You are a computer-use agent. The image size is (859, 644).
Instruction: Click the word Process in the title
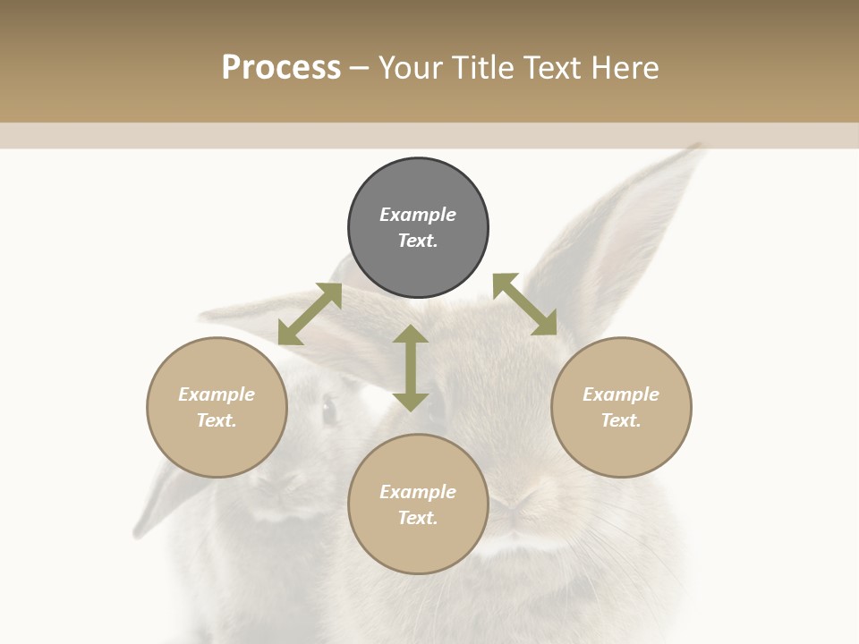[x=281, y=68]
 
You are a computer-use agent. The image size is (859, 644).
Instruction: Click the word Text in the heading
[x=551, y=68]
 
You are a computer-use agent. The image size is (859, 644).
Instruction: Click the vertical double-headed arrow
[x=411, y=368]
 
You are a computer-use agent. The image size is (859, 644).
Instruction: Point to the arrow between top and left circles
[x=310, y=314]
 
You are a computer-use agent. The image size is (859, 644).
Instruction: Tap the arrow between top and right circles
[x=524, y=305]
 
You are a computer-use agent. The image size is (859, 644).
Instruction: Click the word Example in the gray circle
[x=418, y=215]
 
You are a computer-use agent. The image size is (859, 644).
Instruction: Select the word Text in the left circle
[x=217, y=420]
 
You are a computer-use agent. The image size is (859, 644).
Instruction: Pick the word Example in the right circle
[x=621, y=394]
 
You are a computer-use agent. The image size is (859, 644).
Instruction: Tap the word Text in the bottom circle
[x=418, y=518]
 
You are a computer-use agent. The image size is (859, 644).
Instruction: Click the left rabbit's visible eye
[x=329, y=411]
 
